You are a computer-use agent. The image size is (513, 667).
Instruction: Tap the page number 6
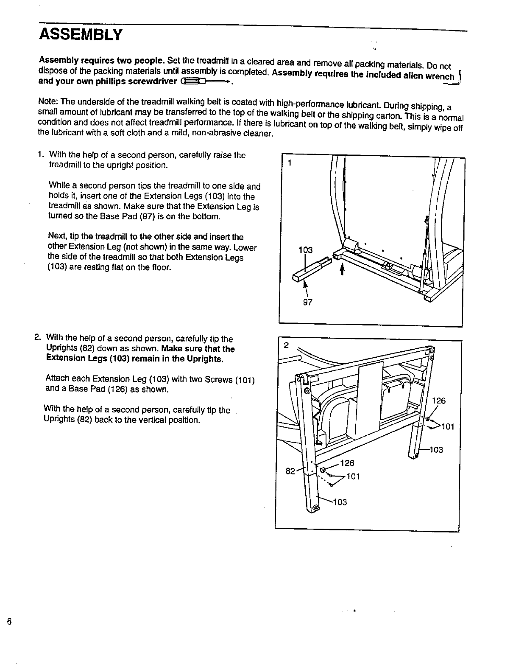coord(8,622)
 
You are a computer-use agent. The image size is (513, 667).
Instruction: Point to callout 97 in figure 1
coord(308,303)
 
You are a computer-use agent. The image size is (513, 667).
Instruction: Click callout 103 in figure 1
coord(305,250)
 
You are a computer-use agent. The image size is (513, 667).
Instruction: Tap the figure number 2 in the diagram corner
coord(286,345)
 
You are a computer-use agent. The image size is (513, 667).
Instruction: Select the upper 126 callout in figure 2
coord(439,401)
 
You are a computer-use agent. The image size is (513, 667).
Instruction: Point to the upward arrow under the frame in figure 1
coord(342,269)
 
